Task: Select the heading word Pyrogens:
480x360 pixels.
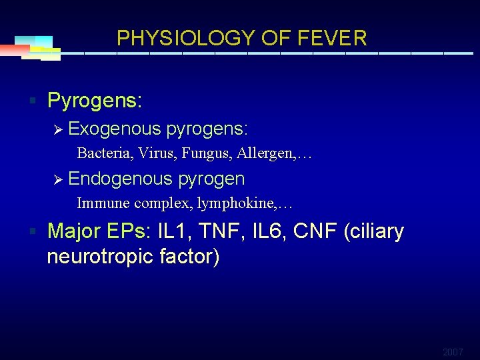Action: (x=95, y=101)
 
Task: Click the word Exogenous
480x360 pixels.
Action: (x=115, y=128)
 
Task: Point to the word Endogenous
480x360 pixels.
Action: (x=119, y=179)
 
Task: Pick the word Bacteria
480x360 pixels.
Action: (x=103, y=153)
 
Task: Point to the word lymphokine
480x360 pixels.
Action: (x=235, y=203)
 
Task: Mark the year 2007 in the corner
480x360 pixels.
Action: (x=452, y=351)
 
